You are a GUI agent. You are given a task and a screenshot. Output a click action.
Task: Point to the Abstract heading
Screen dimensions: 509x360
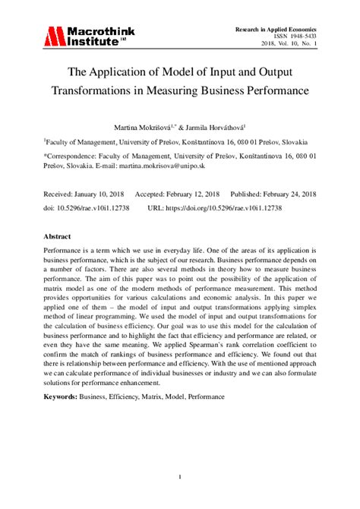coord(58,236)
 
